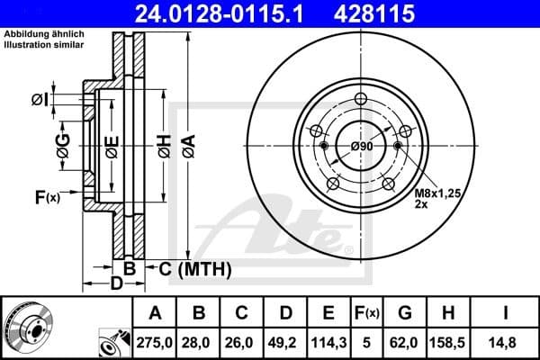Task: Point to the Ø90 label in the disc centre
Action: [x=362, y=146]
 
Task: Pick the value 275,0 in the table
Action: [x=155, y=342]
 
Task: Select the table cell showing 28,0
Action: [x=199, y=342]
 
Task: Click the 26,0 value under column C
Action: [x=242, y=342]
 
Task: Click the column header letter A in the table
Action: [x=155, y=313]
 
